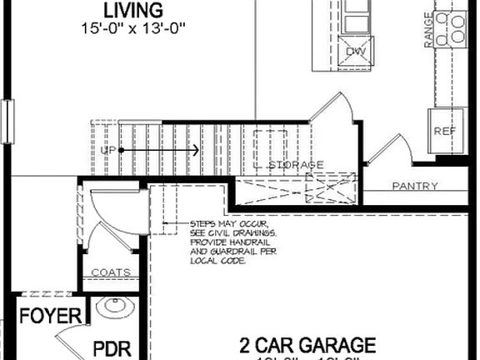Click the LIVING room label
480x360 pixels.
click(133, 10)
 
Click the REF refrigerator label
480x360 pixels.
click(442, 132)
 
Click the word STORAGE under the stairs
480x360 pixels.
click(296, 165)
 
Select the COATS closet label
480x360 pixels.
click(110, 272)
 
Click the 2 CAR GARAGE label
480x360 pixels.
click(307, 344)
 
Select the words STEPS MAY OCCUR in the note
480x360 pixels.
click(228, 225)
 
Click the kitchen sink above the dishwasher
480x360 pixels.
click(356, 17)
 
